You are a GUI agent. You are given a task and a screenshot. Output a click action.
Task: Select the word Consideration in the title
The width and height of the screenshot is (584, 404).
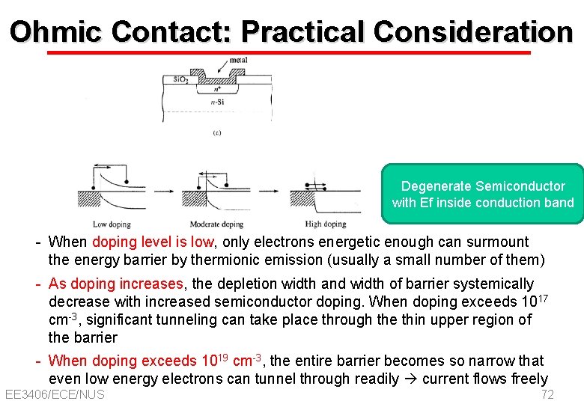pyautogui.click(x=473, y=31)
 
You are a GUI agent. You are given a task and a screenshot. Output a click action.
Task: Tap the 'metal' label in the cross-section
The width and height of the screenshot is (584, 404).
pyautogui.click(x=238, y=60)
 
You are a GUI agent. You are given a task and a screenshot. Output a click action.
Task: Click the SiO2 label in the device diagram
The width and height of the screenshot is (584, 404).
pyautogui.click(x=180, y=79)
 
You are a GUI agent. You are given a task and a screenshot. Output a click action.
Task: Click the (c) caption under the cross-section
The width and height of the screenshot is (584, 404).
pyautogui.click(x=216, y=133)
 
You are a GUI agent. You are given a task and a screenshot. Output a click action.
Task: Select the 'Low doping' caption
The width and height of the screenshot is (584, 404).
pyautogui.click(x=112, y=224)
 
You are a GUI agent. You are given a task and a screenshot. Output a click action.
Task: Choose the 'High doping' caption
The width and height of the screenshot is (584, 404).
pyautogui.click(x=325, y=224)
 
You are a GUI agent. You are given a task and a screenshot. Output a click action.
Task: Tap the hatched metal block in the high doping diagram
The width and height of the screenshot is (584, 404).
pyautogui.click(x=303, y=198)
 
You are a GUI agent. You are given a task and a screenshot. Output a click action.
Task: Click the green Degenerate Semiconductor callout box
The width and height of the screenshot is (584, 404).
pyautogui.click(x=483, y=195)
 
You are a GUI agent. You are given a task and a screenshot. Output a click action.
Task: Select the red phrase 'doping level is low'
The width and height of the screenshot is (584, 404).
pyautogui.click(x=153, y=242)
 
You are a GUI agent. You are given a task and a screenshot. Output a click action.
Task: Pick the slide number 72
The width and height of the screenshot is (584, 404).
pyautogui.click(x=547, y=394)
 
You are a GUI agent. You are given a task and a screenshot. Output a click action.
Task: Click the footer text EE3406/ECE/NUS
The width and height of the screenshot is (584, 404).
pyautogui.click(x=55, y=394)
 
